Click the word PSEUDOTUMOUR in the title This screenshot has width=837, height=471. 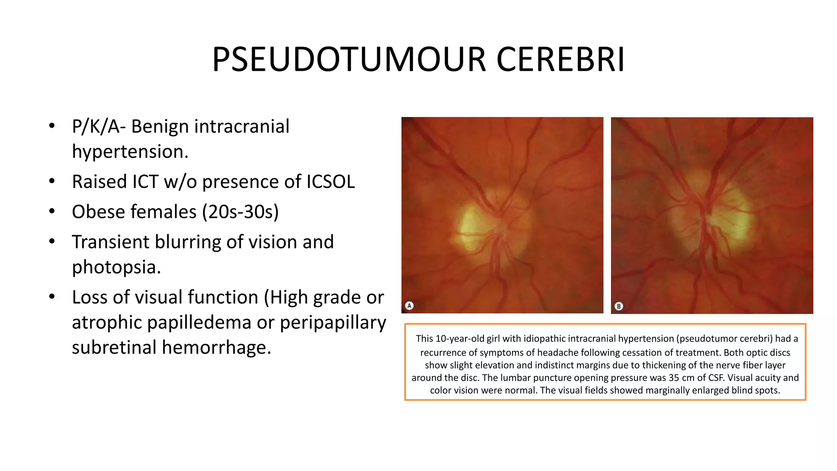(349, 60)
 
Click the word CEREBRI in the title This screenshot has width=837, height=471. (560, 60)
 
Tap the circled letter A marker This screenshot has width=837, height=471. (409, 305)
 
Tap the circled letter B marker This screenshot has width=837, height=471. (619, 306)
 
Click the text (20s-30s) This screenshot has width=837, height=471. (240, 212)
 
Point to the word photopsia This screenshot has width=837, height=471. (116, 267)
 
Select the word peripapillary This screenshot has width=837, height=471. (333, 323)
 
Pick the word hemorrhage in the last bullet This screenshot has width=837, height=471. (216, 348)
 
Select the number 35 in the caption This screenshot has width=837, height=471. (674, 378)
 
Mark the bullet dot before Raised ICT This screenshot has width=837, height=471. (51, 181)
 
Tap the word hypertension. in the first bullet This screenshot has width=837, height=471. (130, 152)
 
